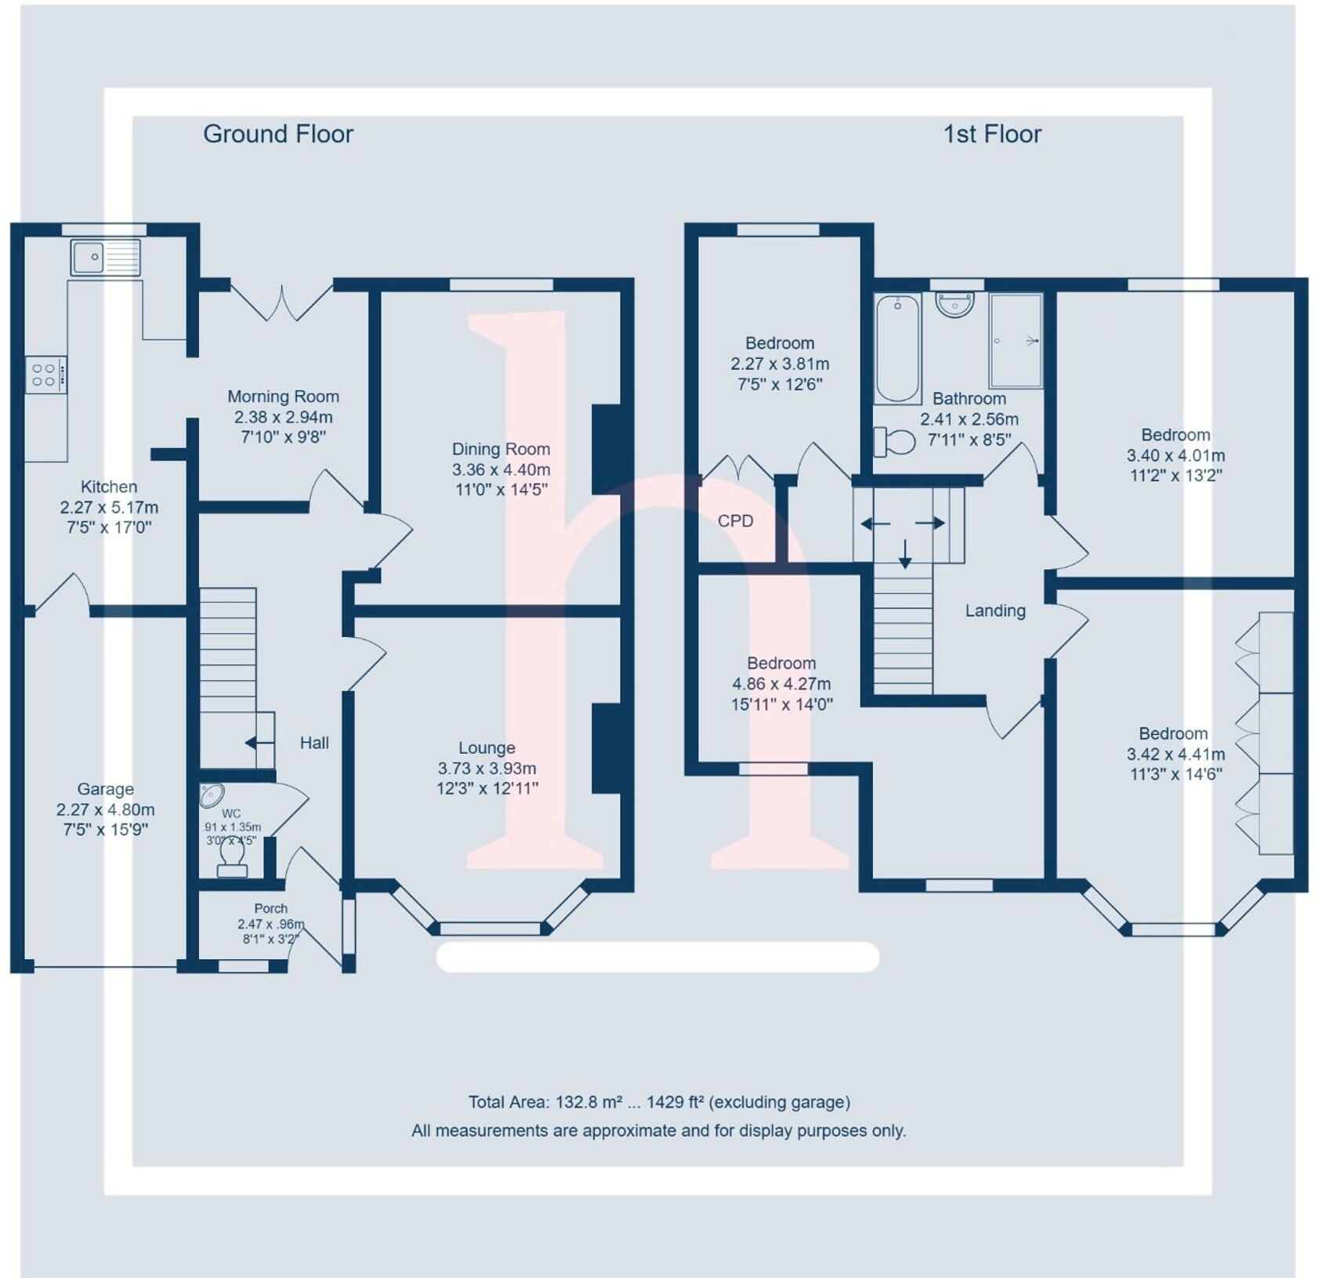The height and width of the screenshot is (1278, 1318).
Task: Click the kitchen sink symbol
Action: pos(105,257)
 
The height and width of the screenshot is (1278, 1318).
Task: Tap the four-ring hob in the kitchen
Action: pos(45,375)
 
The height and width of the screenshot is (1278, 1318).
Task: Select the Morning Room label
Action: pos(283,396)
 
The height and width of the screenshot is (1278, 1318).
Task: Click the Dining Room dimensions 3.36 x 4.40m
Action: pos(501,469)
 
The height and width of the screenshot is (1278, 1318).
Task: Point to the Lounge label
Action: pos(487,748)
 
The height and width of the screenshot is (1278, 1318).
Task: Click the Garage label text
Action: pos(105,789)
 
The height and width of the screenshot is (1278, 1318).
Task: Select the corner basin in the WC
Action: pos(211,795)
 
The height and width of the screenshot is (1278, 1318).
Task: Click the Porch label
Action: pos(270,908)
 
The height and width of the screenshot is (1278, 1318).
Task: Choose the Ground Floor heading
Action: pos(278,134)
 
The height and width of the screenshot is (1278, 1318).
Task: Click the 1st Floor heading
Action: pos(992,134)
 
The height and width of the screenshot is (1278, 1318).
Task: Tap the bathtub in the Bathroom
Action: pos(897,348)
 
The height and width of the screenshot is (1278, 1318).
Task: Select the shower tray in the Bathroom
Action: pos(1016,341)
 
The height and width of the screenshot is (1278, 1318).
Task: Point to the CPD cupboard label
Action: pos(735,521)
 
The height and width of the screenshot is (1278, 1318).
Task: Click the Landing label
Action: pos(994,610)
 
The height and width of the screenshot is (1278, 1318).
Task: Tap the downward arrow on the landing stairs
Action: pos(905,554)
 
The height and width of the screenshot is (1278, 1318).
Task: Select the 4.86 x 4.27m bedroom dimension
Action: pos(780,683)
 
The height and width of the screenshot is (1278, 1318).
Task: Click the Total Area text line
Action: pos(658,1102)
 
